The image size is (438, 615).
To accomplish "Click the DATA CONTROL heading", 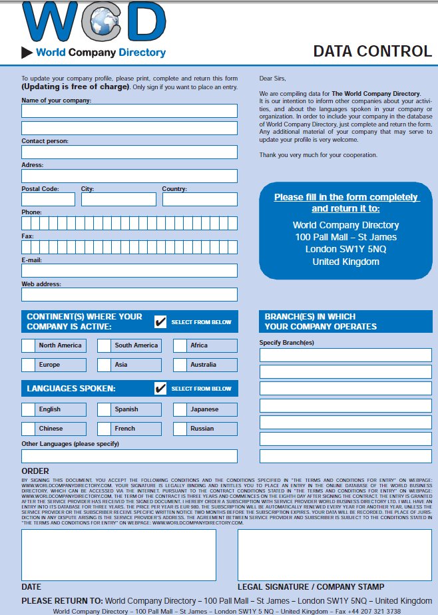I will point(372,51).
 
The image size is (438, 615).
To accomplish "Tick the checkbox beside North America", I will point(28,345).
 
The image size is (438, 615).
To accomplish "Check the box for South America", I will point(104,345).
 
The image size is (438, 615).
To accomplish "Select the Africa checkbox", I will point(180,345).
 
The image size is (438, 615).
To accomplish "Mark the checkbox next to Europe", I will point(28,365).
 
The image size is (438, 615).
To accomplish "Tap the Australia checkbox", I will point(180,365).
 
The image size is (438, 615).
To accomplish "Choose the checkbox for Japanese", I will point(180,409).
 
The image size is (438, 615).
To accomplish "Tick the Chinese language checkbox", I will point(28,429).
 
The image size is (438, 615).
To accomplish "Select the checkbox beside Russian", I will point(180,429).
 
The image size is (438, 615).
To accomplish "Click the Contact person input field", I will point(129,152).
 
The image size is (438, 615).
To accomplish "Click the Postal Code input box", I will point(48,199).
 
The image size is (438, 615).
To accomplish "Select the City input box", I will point(118,199).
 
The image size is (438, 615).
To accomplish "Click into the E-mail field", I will point(129,270).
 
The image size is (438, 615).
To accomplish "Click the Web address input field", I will point(129,294).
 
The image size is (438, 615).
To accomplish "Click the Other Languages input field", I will point(129,456).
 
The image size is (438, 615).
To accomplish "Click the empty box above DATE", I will point(118,555).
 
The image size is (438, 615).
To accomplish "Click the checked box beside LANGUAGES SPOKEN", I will point(160,388).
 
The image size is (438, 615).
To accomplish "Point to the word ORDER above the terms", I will point(35,471).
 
